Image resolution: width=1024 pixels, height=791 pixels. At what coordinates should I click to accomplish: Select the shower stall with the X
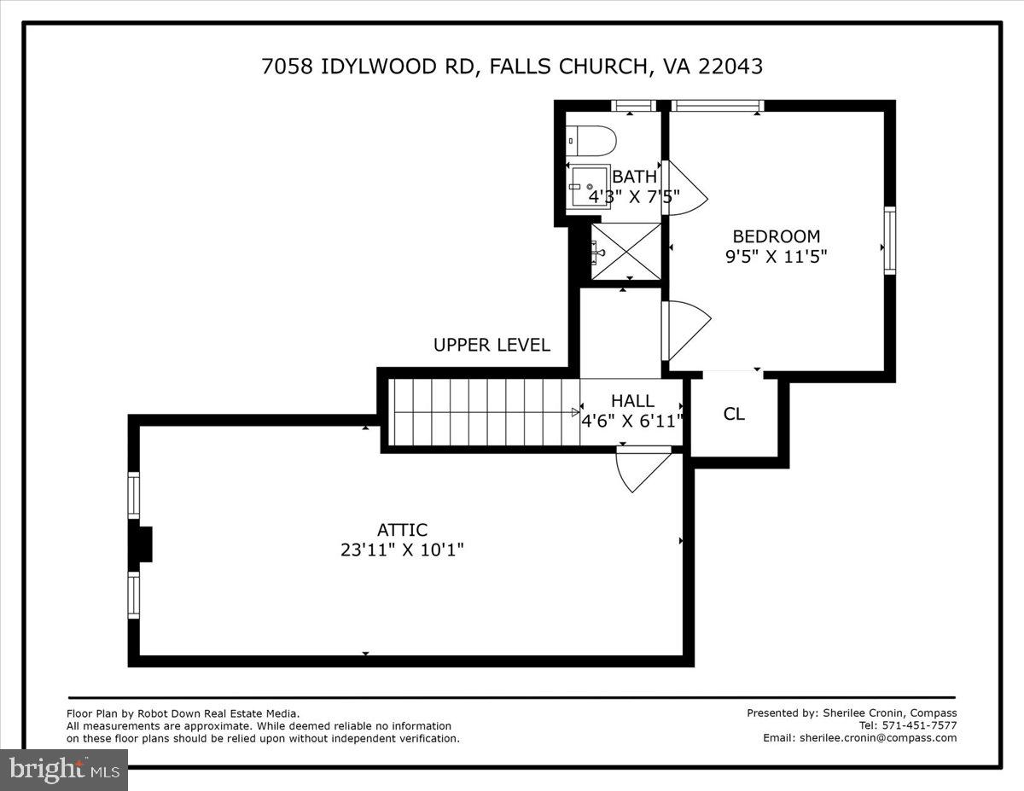click(x=627, y=251)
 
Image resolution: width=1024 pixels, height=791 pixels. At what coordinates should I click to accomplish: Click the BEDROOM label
click(x=776, y=236)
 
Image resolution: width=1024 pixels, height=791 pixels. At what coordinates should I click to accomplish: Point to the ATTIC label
click(x=402, y=530)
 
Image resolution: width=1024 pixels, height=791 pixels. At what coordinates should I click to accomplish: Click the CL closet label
click(x=734, y=414)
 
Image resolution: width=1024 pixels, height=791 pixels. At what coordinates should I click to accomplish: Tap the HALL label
click(x=632, y=400)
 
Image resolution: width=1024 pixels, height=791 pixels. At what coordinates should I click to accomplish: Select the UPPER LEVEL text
click(x=492, y=345)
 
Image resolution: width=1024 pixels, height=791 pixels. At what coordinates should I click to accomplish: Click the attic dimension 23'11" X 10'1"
click(x=402, y=550)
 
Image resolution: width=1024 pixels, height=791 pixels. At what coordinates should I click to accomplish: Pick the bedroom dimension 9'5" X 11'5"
click(x=777, y=256)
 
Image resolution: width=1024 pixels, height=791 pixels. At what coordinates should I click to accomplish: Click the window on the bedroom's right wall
click(x=890, y=240)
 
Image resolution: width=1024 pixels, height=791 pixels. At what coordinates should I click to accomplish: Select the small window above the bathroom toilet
click(x=634, y=106)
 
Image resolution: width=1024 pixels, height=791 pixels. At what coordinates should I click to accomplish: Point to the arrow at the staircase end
click(x=575, y=412)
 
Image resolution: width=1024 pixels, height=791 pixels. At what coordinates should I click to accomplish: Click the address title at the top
click(x=512, y=66)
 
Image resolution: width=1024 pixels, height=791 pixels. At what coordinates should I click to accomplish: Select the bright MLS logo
click(x=64, y=770)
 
